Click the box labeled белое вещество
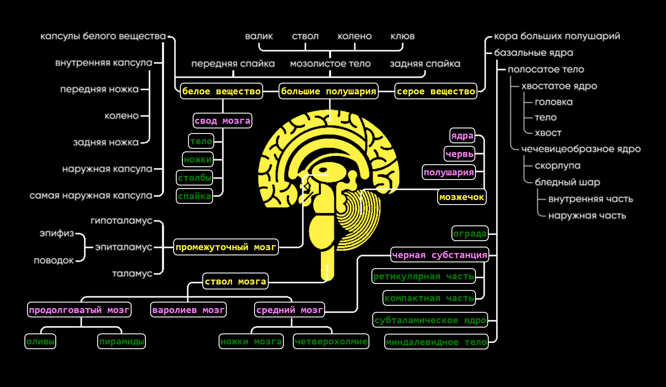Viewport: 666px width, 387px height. click(221, 91)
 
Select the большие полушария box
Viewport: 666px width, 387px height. click(328, 91)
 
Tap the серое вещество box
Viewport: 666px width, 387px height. click(436, 91)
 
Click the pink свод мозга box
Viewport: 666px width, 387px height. click(222, 121)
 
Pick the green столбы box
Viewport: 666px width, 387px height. click(194, 178)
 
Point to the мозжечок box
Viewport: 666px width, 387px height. click(462, 197)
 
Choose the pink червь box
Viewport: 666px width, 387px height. click(459, 154)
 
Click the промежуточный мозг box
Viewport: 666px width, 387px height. click(226, 247)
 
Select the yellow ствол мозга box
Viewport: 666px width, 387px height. click(235, 281)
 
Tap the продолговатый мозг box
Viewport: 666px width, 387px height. click(79, 310)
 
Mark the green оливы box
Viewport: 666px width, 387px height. click(40, 341)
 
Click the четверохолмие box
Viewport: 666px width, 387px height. click(331, 341)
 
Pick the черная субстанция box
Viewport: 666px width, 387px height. click(440, 255)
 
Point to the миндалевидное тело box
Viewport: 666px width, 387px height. click(436, 342)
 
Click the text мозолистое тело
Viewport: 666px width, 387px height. click(330, 64)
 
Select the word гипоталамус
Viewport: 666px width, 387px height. click(121, 221)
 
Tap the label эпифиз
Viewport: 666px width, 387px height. click(57, 233)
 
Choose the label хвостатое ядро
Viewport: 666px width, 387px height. click(559, 86)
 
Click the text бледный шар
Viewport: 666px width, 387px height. click(567, 182)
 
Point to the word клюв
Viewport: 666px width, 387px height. click(402, 36)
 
